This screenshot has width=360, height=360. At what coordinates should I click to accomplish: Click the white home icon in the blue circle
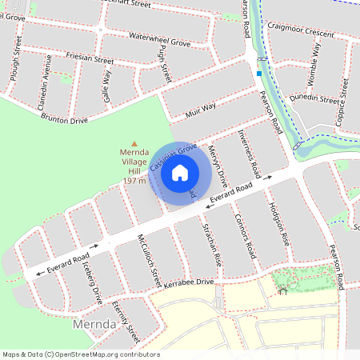coord(180,172)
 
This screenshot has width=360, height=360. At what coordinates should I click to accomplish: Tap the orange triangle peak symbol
coord(134,143)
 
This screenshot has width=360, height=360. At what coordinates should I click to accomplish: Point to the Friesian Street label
coord(93,59)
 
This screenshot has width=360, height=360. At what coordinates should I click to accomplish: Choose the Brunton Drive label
coord(70,118)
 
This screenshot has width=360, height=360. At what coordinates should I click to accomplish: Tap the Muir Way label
coord(200,107)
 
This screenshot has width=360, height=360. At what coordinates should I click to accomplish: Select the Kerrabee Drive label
coord(188,282)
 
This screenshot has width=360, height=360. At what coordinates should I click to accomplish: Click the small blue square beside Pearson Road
coord(259,74)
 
